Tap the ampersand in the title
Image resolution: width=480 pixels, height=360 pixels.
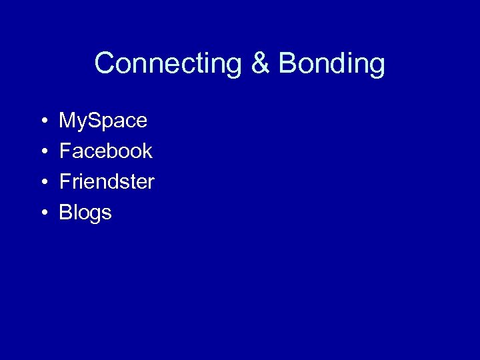261,64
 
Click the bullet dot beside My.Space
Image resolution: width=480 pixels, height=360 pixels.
42,121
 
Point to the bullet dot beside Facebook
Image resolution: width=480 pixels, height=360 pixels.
42,152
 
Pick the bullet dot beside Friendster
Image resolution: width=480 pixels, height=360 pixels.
42,183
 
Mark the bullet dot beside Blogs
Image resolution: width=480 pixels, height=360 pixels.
42,213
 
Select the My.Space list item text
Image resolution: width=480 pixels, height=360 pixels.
103,121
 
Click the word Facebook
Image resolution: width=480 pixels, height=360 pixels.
105,151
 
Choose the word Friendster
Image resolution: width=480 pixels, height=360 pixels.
107,182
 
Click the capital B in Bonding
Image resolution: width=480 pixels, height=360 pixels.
288,64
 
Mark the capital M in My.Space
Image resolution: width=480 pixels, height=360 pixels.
68,121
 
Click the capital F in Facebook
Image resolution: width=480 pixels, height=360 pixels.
65,151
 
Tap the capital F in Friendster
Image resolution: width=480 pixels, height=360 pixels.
65,182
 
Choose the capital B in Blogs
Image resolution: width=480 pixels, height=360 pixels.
65,213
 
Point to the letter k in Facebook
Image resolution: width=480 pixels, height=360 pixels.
147,151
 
